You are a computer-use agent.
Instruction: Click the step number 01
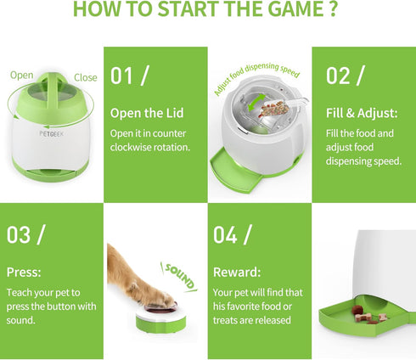(121, 76)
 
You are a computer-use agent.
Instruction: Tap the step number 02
(338, 76)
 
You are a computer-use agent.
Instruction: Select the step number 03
(19, 234)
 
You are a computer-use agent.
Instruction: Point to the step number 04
(225, 234)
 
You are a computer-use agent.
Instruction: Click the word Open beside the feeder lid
(21, 76)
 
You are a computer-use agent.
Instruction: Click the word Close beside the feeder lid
(86, 77)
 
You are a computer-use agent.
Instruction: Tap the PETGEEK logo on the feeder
(52, 133)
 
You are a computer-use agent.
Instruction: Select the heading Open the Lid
(147, 113)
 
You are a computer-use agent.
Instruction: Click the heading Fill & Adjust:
(362, 113)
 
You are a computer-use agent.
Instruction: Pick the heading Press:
(24, 273)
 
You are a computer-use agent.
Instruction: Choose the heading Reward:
(237, 273)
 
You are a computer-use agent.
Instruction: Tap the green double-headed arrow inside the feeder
(256, 103)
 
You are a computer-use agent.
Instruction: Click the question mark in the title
(332, 8)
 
